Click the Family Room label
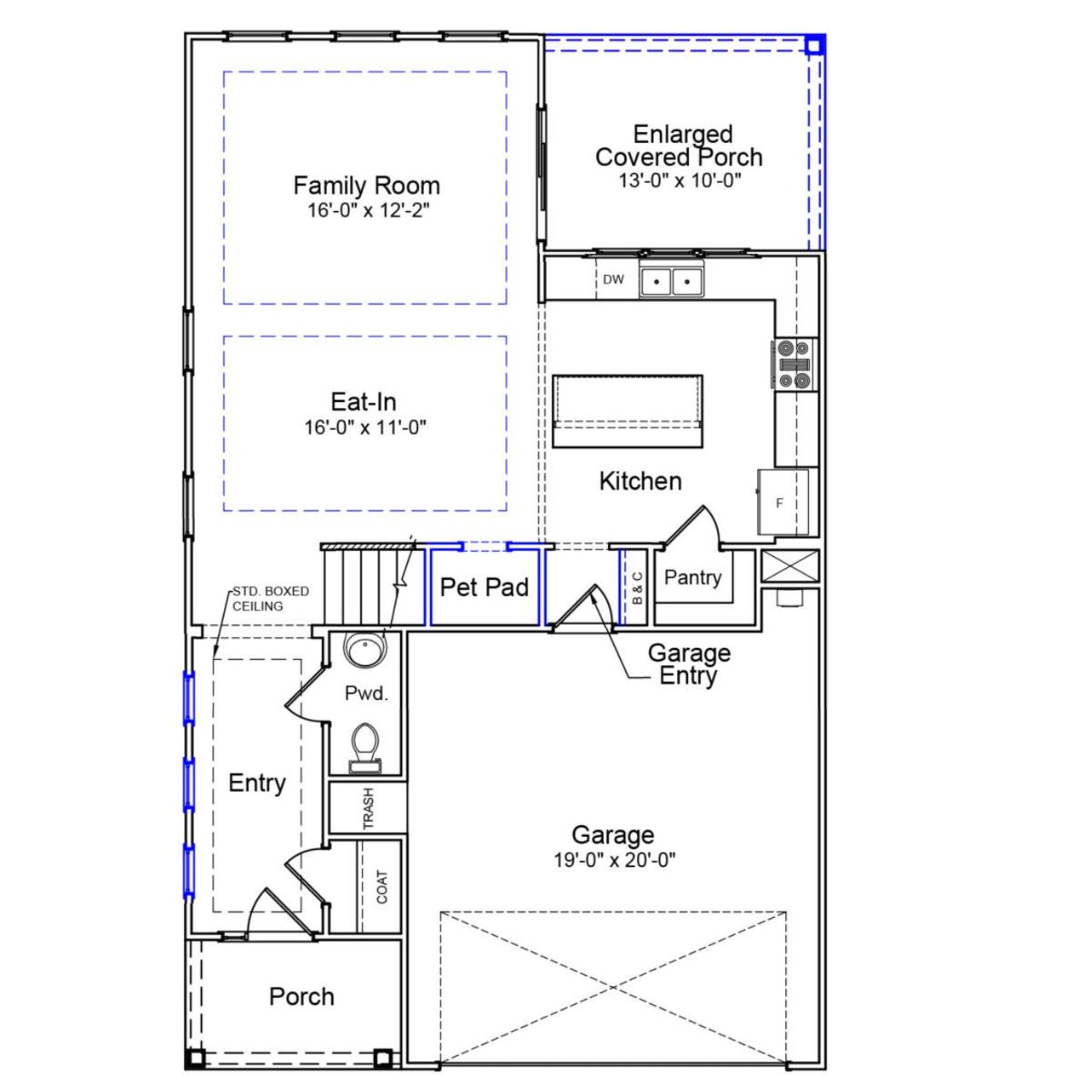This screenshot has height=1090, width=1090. click(x=366, y=186)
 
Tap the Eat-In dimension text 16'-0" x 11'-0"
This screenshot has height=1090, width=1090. click(x=365, y=427)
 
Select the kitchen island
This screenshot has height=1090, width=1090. click(x=628, y=410)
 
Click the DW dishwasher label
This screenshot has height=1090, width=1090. click(x=613, y=279)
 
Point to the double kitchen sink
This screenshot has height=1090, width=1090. click(x=671, y=281)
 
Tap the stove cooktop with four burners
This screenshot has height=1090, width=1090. click(x=794, y=364)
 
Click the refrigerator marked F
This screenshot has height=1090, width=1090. click(x=782, y=502)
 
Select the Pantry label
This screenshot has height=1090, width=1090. click(x=692, y=577)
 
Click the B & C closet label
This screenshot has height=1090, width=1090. click(x=638, y=588)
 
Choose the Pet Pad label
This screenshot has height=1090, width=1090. click(x=484, y=587)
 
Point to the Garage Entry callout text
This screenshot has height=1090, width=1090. click(x=689, y=664)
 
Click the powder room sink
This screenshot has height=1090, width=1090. click(x=364, y=650)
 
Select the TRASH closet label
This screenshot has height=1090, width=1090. click(x=369, y=808)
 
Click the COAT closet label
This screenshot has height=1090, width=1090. click(x=381, y=887)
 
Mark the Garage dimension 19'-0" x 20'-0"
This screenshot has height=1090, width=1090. click(x=614, y=860)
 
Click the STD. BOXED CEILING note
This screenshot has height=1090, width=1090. click(x=270, y=599)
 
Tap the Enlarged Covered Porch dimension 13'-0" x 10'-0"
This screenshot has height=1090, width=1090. click(x=680, y=181)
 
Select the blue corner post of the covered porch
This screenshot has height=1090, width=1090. click(x=814, y=45)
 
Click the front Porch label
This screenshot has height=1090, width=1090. click(x=301, y=996)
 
